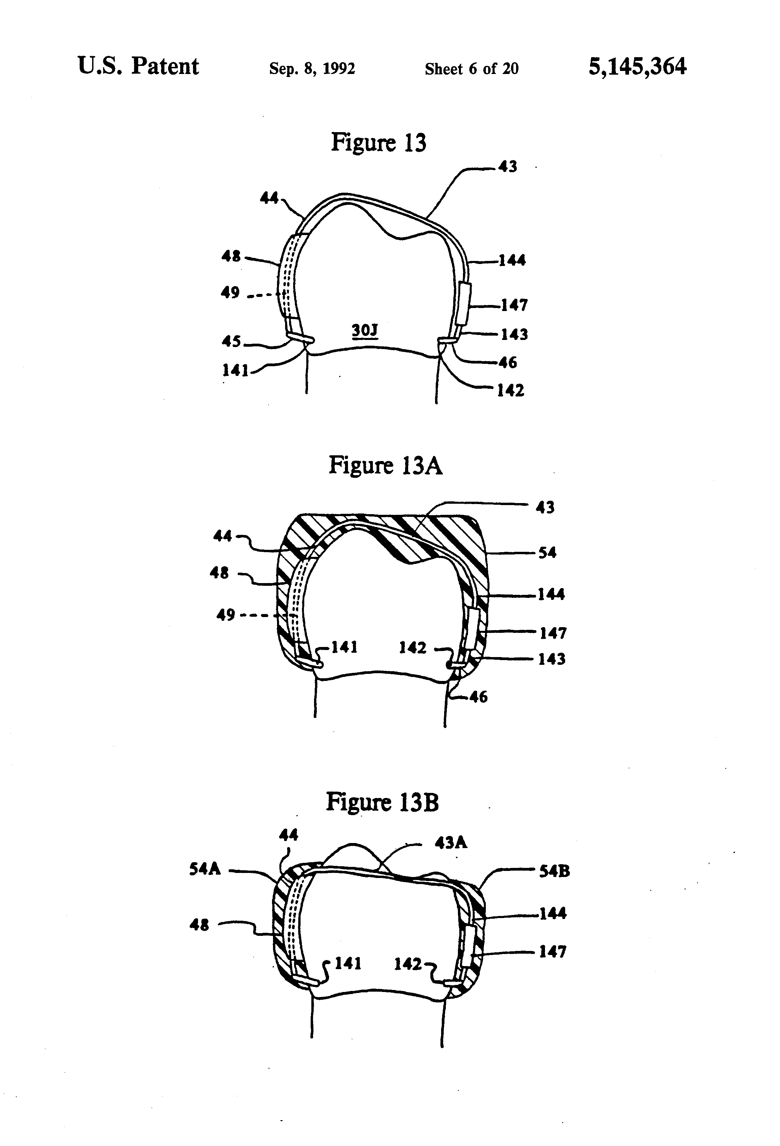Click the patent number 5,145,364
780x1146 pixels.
coord(637,67)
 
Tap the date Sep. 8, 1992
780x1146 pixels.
coord(312,69)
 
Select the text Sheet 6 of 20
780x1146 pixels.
coord(471,69)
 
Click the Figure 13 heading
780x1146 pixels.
coord(378,143)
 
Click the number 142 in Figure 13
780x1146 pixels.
coord(510,390)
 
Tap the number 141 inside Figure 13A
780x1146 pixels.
coord(344,647)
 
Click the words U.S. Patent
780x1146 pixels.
coord(139,67)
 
